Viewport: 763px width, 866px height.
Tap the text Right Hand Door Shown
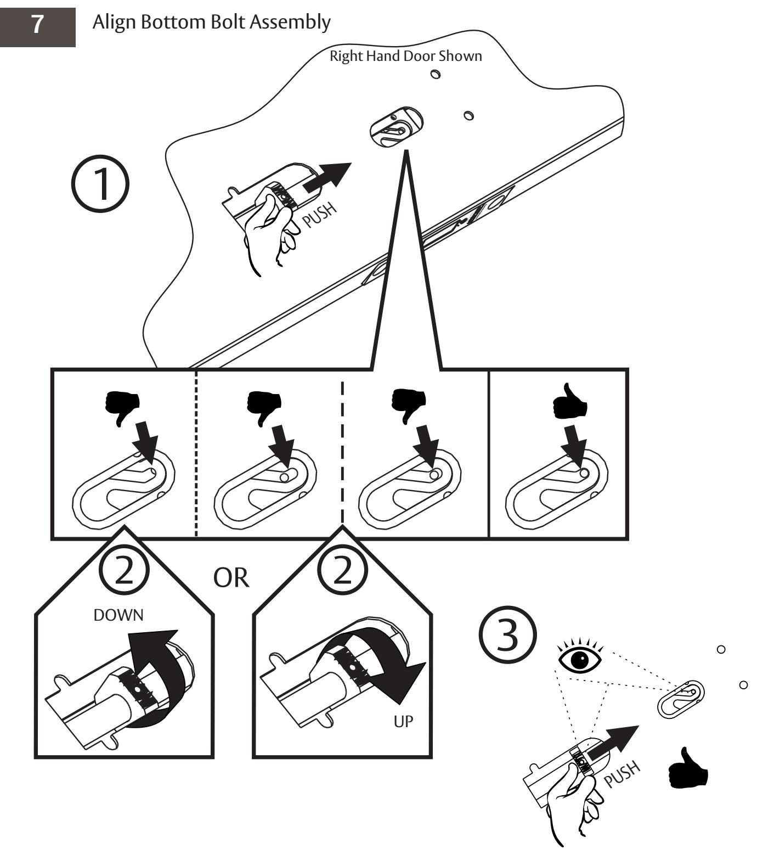(405, 56)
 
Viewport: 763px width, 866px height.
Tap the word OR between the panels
(231, 578)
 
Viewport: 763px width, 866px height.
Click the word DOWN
(118, 615)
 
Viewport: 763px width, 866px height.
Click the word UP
(403, 722)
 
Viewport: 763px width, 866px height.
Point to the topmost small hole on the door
(436, 75)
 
